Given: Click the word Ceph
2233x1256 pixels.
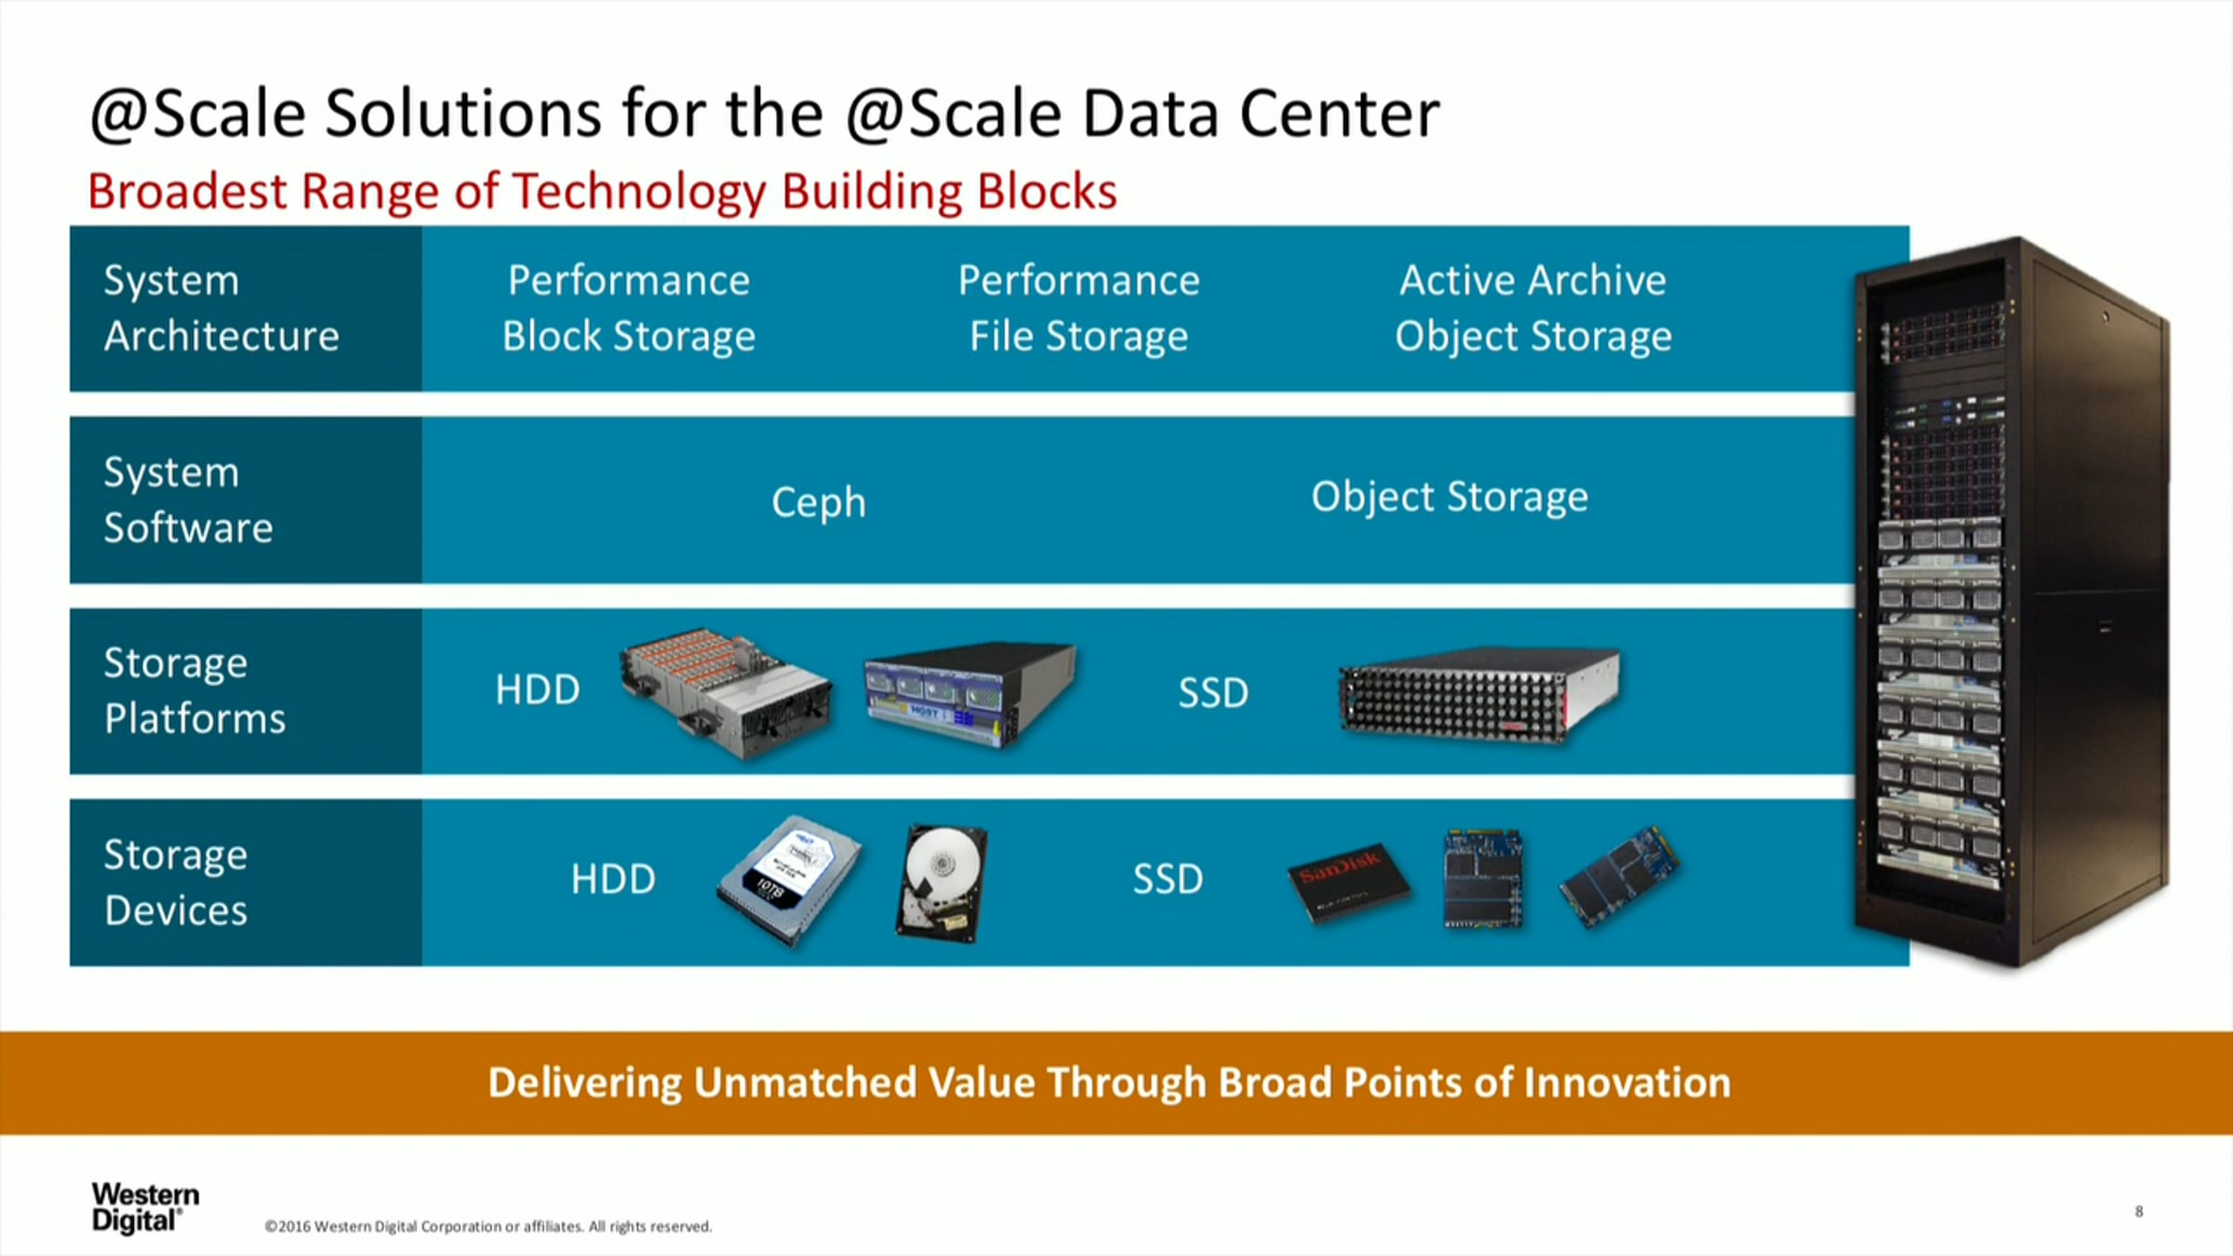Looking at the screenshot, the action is click(x=819, y=503).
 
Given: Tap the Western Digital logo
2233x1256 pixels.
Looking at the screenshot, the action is click(x=145, y=1207).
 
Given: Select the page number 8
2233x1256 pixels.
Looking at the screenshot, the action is click(x=2139, y=1211).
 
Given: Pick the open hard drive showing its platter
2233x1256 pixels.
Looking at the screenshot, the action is click(x=942, y=883).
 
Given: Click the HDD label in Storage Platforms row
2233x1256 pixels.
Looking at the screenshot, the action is click(x=538, y=690).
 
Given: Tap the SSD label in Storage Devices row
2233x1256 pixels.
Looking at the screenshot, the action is click(x=1168, y=879).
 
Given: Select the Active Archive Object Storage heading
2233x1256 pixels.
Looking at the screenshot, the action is click(x=1533, y=308).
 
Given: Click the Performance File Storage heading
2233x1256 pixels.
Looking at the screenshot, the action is click(x=1079, y=308).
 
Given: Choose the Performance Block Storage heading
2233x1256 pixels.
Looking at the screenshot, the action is click(x=629, y=308).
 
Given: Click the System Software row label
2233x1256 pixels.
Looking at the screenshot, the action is click(x=189, y=500).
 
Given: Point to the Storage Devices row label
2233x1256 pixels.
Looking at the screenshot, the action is click(x=176, y=882).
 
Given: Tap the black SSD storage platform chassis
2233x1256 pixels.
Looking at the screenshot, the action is click(x=1479, y=694).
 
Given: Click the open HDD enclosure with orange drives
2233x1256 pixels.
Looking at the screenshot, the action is click(x=727, y=691).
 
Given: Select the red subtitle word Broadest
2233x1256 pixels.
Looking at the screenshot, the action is click(x=188, y=192).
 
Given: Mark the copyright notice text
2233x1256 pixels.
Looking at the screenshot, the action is click(x=488, y=1226).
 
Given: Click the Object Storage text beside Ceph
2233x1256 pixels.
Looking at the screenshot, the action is click(x=1450, y=498).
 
